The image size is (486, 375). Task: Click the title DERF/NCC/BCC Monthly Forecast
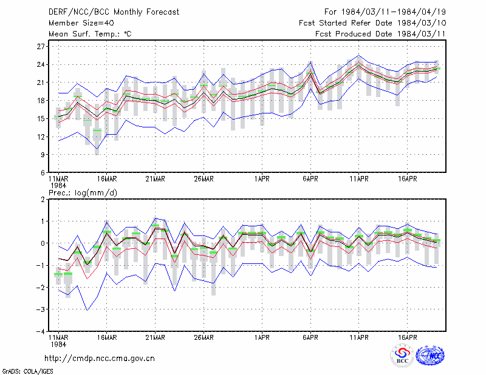[114, 12]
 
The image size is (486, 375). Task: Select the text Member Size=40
[81, 23]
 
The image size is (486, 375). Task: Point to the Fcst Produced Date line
[380, 34]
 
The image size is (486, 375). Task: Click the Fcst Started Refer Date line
[372, 23]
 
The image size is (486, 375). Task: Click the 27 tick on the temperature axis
[41, 47]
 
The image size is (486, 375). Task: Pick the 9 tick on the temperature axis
[43, 155]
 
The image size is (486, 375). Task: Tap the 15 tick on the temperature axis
[41, 118]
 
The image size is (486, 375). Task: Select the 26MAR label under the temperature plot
[204, 179]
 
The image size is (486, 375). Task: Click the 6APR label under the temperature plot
[310, 179]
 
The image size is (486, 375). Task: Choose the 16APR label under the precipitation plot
[407, 337]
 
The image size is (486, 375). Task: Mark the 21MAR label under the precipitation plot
[156, 337]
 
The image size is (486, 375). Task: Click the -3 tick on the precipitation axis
[41, 309]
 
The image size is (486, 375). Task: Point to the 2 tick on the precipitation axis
[43, 200]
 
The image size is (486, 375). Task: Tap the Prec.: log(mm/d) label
[83, 193]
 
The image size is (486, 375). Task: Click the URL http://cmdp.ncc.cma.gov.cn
[100, 359]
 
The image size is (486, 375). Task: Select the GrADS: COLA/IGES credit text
[27, 371]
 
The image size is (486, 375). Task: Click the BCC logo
[402, 355]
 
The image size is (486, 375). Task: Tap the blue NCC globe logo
[430, 356]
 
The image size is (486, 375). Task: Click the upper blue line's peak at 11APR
[359, 55]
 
